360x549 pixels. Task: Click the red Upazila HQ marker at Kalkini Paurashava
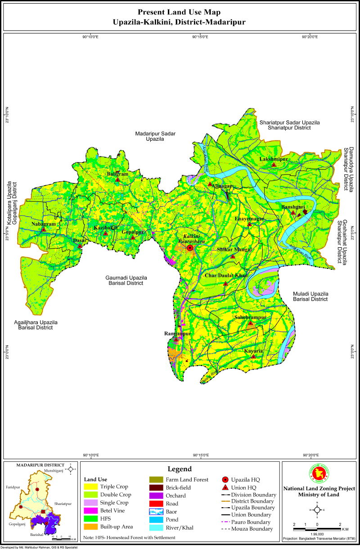coord(190,248)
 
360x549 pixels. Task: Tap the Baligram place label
coord(117,174)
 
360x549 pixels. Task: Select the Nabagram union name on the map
coord(43,224)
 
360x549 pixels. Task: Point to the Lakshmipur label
coord(273,160)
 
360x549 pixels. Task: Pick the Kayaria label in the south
coord(253,351)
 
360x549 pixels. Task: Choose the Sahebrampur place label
coord(250,317)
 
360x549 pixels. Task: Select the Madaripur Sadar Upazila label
coord(155,136)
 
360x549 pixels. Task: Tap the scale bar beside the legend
coord(317,528)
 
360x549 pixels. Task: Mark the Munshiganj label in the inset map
coord(54,471)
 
